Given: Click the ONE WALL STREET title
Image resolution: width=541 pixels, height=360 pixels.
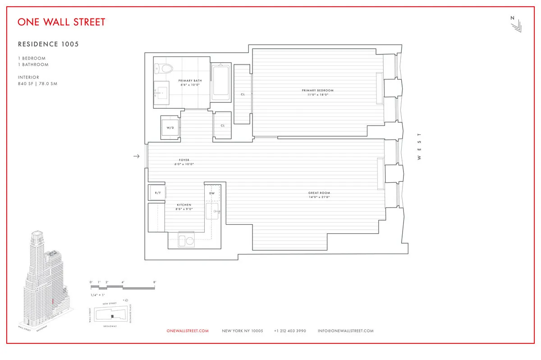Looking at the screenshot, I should coord(62,22).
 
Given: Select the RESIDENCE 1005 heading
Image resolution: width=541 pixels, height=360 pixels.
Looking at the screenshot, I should coord(48,44).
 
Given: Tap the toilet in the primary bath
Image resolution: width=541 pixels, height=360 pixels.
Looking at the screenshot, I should coord(164,69).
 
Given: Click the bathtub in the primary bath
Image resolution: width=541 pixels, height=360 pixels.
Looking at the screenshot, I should coord(221,82).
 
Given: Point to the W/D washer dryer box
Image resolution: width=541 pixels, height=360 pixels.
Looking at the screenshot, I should coord(170,128).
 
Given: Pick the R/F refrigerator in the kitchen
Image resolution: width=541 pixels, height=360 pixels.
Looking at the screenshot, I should coord(157,193).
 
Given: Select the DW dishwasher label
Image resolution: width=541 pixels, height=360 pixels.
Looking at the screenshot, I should coord(212,193).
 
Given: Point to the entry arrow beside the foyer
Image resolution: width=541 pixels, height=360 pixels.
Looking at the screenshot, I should coord(137,157).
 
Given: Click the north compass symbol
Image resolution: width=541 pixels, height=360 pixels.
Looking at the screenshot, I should coord(515,25).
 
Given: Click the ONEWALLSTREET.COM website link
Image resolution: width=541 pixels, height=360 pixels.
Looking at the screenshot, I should coord(188,331).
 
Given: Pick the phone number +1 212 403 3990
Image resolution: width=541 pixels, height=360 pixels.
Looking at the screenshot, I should coord(290,331).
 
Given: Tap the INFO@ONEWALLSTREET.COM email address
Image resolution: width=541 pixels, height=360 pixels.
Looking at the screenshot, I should coord(345,331).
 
